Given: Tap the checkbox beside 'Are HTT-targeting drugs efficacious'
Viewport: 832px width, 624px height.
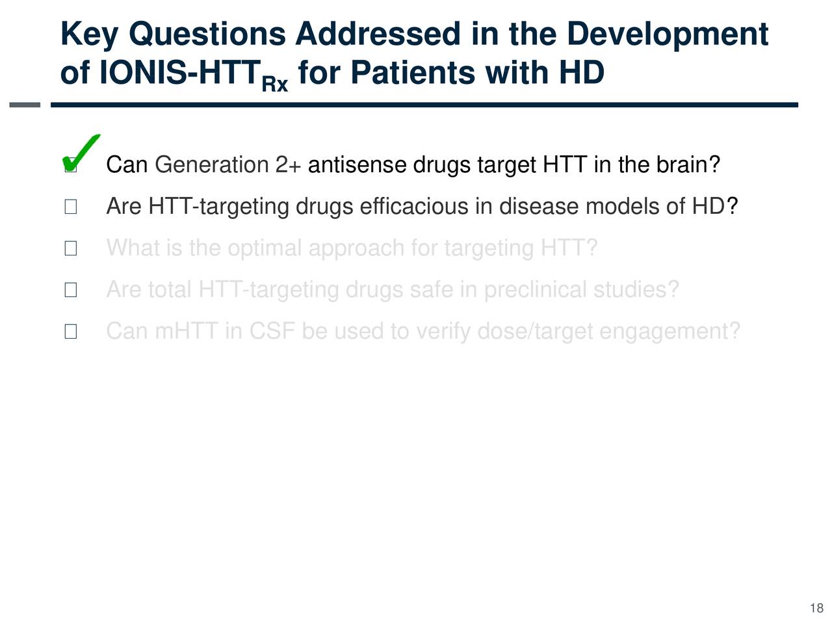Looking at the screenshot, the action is (71, 207).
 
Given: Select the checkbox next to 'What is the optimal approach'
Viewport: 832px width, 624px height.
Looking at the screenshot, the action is (71, 248).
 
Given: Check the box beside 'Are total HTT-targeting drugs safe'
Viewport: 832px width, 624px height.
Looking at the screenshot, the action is (71, 290).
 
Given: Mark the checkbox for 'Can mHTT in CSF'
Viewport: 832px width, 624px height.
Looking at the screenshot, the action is (71, 331).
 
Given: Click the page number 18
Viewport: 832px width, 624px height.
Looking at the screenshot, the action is (817, 608).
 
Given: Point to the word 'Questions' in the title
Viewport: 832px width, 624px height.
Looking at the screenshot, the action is (207, 34).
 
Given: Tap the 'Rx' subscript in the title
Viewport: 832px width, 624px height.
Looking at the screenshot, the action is (275, 84).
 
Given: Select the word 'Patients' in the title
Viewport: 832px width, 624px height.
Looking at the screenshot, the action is (413, 72).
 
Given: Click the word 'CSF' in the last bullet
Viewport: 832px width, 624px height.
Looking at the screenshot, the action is (272, 331).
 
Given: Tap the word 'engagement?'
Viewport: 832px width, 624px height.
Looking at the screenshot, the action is (669, 331).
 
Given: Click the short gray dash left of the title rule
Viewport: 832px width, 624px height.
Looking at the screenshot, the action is (25, 105).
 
